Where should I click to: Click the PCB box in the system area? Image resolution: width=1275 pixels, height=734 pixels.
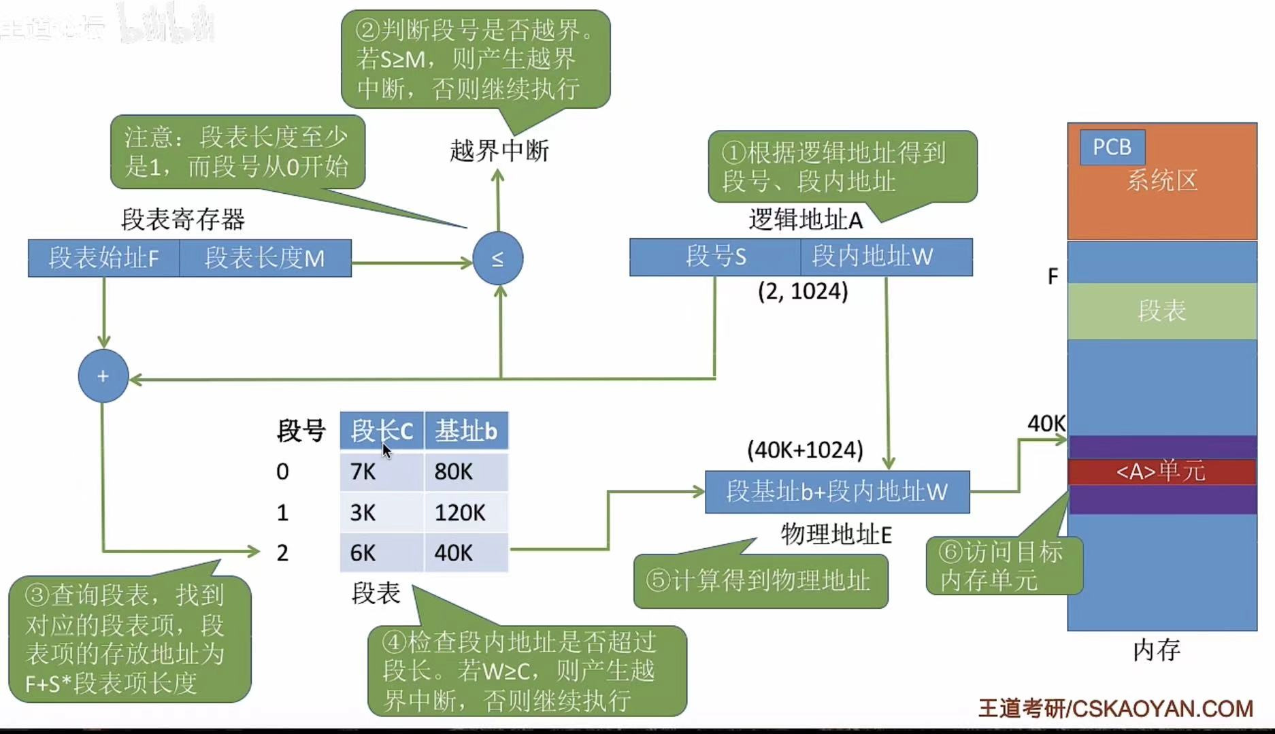point(1112,147)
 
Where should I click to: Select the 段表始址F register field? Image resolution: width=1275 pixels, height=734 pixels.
point(103,258)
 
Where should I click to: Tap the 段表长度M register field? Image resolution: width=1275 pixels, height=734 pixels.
point(265,258)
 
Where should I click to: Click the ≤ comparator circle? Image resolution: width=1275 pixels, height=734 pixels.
point(498,258)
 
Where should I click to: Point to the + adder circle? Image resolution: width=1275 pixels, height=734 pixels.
point(103,376)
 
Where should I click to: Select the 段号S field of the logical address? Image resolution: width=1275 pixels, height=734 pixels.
point(715,256)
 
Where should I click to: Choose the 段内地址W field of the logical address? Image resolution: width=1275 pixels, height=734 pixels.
point(886,256)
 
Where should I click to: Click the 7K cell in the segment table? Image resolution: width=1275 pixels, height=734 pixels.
point(382,471)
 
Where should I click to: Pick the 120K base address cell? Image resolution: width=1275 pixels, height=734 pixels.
point(466,512)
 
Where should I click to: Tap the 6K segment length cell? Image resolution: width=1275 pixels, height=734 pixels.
point(382,552)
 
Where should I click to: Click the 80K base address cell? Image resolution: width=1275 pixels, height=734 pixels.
point(466,471)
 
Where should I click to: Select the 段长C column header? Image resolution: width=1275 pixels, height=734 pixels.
point(382,431)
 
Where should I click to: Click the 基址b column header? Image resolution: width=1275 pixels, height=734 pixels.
point(466,431)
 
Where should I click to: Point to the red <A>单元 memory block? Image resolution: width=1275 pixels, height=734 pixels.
point(1161,471)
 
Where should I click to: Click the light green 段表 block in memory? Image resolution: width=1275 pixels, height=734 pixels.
point(1161,311)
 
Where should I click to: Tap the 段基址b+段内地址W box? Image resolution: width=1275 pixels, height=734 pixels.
point(837,492)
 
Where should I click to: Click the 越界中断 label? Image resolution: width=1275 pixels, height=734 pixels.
point(499,151)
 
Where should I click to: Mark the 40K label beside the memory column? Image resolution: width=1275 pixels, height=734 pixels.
point(1046,424)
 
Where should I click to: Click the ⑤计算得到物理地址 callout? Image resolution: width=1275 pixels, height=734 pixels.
point(760,581)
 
